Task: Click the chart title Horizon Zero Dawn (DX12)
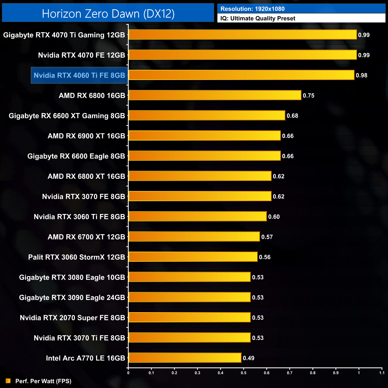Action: coord(108,14)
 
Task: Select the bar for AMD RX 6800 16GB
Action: coord(215,95)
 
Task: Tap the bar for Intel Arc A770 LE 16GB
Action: coord(185,358)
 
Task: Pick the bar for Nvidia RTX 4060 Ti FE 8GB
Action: coord(241,75)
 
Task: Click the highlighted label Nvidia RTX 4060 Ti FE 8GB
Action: coord(79,75)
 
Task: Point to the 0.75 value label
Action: coord(309,96)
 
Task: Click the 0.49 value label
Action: coord(249,358)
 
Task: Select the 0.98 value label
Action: coord(361,76)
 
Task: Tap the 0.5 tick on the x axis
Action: coord(244,373)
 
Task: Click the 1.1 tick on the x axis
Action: coord(382,373)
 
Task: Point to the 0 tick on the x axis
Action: coord(128,373)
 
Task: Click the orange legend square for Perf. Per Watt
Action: coord(8,381)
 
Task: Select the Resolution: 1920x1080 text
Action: coord(252,9)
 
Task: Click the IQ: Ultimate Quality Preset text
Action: coord(258,19)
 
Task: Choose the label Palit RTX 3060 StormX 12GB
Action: coord(76,257)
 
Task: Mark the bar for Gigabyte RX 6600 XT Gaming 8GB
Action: coord(207,115)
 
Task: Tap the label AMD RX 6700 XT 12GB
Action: coord(86,237)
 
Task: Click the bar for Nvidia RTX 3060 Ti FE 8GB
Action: coord(198,216)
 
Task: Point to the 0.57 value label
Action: coord(267,237)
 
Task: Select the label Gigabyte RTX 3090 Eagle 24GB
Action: coord(72,298)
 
